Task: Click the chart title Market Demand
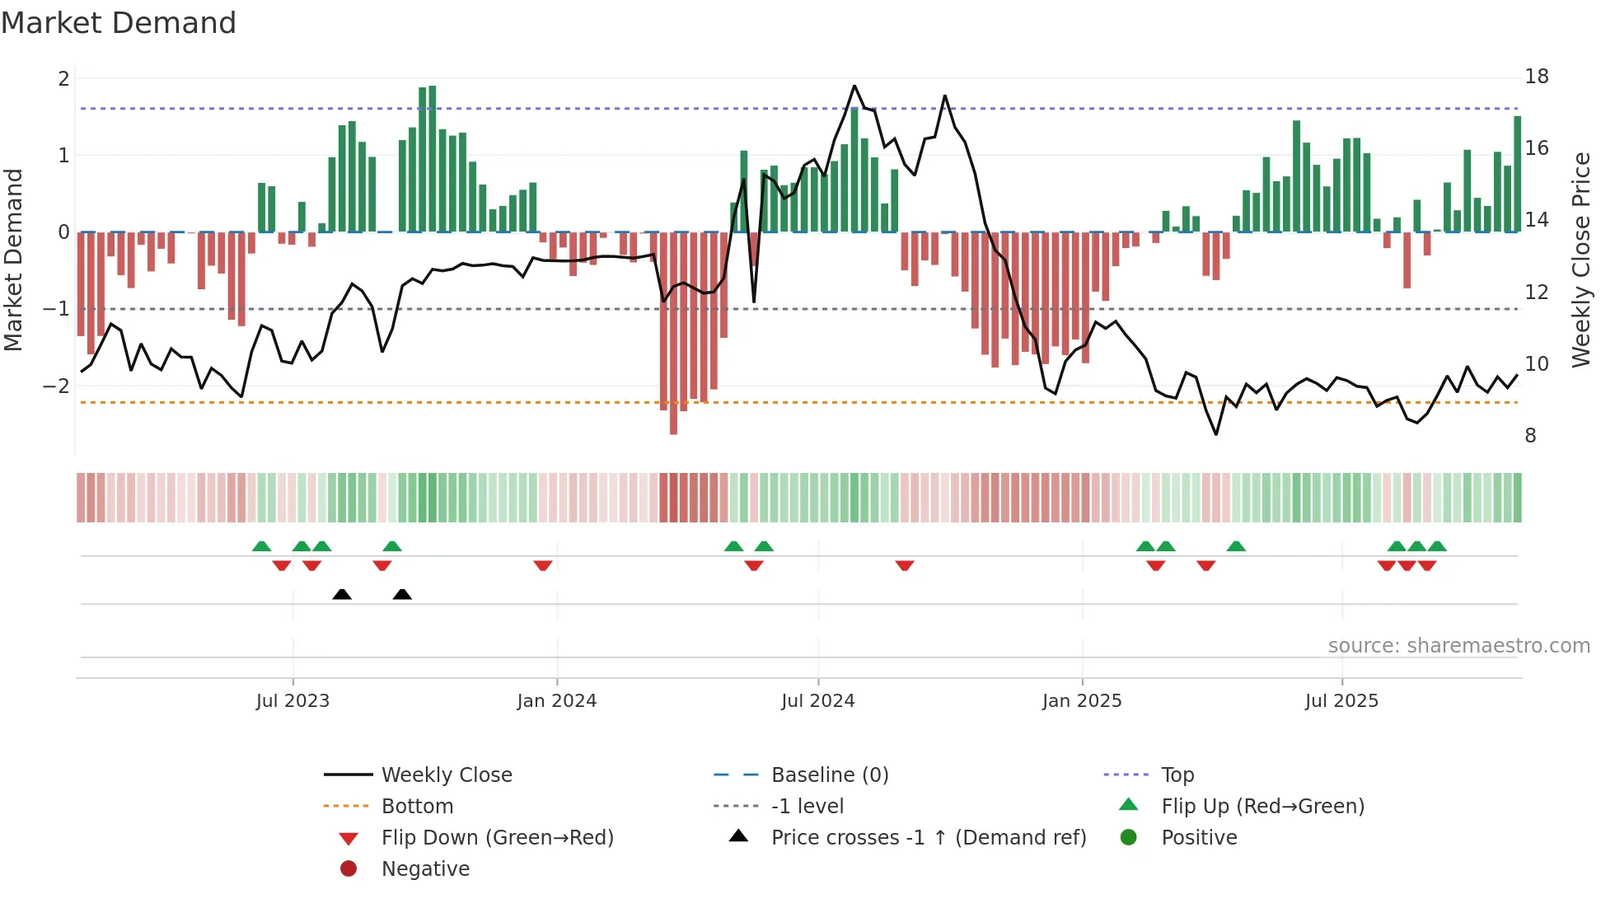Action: [x=119, y=23]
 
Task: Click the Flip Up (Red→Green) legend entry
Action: [x=1262, y=806]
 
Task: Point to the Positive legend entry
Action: [x=1199, y=837]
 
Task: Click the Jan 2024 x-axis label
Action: [x=556, y=700]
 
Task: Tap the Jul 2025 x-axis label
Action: [x=1341, y=700]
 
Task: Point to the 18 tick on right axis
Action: [x=1536, y=77]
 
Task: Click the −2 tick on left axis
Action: [x=56, y=386]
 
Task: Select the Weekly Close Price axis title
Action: [x=1580, y=260]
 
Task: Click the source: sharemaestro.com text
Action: [x=1458, y=645]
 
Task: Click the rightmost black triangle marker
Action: [x=402, y=594]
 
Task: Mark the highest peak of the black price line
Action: [x=854, y=86]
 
